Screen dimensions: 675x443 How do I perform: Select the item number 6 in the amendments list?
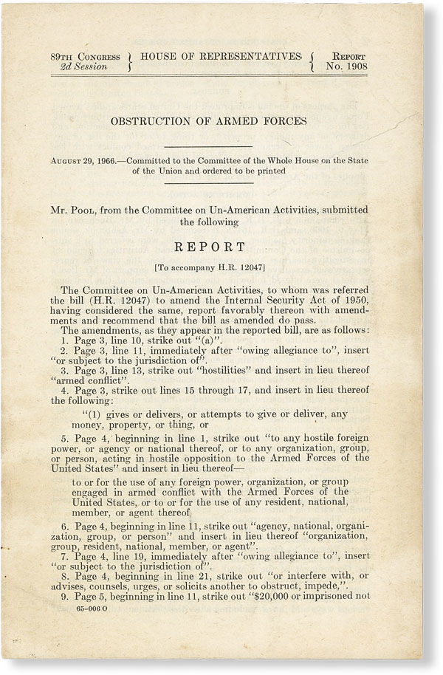coord(64,527)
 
